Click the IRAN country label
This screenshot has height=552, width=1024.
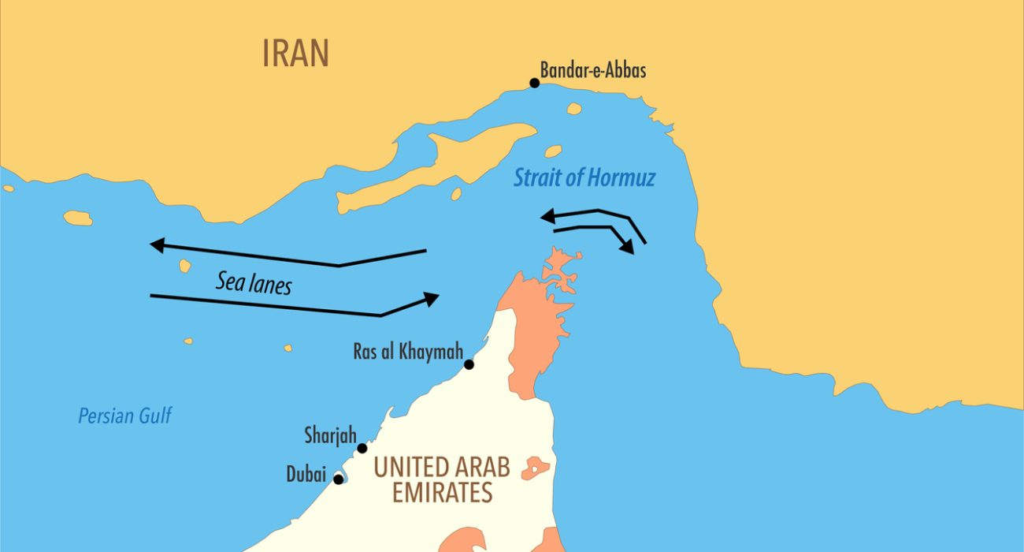295,54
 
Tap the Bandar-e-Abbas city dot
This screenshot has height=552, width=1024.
534,83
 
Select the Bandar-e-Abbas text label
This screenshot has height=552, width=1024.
592,70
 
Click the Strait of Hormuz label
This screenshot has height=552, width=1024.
584,177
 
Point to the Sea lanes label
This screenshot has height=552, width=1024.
254,282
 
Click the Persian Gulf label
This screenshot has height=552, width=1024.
124,416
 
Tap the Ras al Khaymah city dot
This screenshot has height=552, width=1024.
469,364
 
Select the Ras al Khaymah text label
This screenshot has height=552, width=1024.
406,351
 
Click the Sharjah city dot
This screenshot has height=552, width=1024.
362,449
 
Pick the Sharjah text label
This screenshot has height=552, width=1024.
331,435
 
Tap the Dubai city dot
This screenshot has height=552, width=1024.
339,479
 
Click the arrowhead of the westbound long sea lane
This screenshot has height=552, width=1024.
157,245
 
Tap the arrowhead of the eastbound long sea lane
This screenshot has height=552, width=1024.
432,298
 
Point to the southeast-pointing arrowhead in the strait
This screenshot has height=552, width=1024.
627,248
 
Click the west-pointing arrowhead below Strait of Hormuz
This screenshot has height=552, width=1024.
546,216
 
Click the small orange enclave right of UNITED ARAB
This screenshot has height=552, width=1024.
536,468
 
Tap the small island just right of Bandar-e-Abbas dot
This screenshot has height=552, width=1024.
573,109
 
